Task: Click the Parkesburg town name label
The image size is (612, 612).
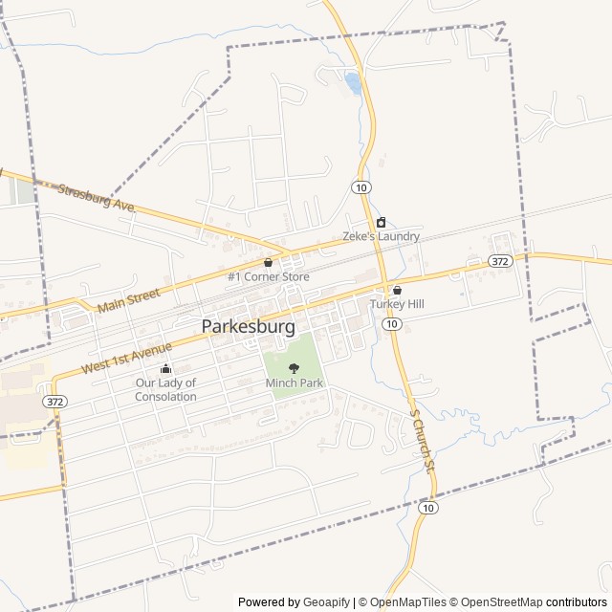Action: pos(248,326)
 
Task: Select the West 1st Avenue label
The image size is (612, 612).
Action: pos(126,355)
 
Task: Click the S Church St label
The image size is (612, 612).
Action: pos(422,439)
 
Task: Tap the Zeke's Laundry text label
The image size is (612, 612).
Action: pos(381,236)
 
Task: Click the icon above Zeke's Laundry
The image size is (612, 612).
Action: pos(381,222)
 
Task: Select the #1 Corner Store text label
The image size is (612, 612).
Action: pos(268,277)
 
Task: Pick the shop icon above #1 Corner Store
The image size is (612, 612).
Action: pos(268,262)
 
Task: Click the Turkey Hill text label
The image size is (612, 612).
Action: pos(397,304)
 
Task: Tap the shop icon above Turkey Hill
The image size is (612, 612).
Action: pos(397,290)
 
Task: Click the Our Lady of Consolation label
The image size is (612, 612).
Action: pos(165,389)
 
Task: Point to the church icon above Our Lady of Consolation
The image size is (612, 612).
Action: pos(165,369)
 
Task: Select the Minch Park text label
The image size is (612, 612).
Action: pos(294,383)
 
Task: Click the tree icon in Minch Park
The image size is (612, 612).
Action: pos(294,368)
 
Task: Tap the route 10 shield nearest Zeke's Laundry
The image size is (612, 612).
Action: pos(361,186)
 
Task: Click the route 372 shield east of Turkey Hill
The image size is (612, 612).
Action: pos(499,260)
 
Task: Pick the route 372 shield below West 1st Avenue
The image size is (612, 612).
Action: pos(54,402)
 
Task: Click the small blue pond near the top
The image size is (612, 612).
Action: pos(353,83)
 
